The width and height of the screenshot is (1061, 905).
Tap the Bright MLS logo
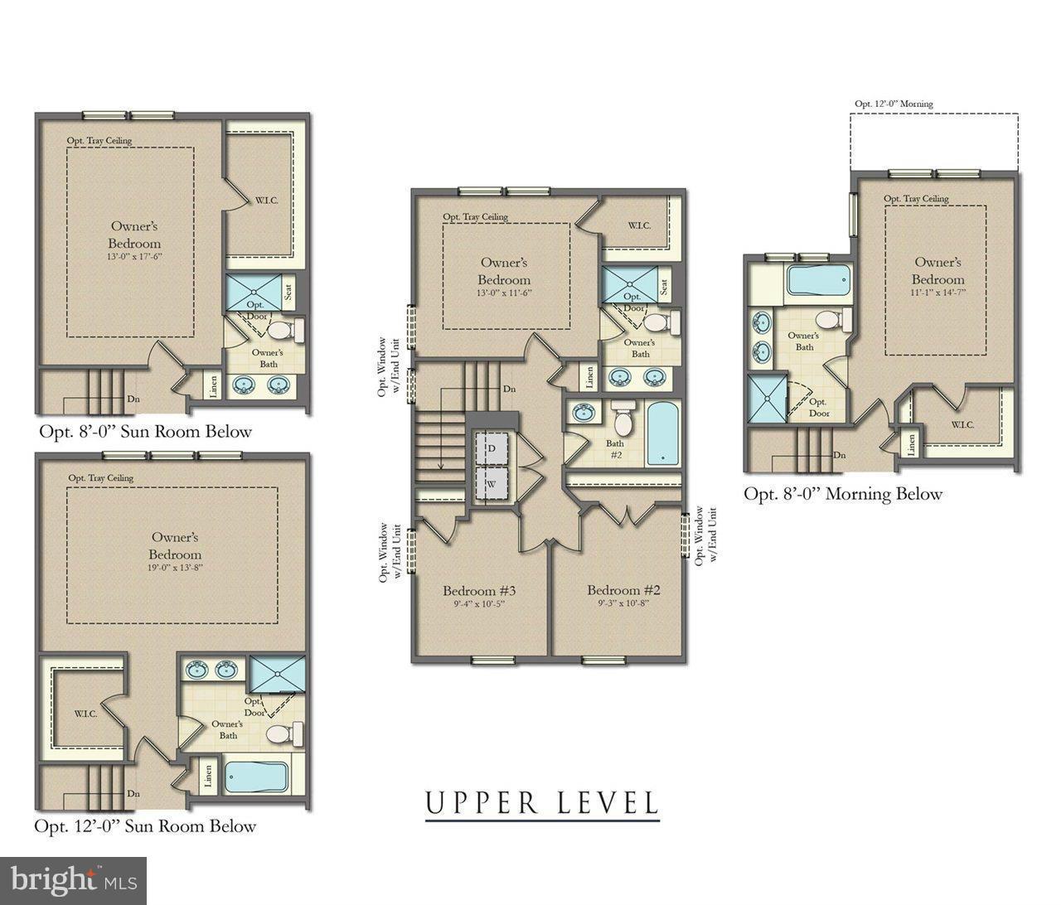point(73,878)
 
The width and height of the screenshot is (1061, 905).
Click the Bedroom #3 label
point(479,591)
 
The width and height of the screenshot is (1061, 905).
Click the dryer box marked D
point(491,448)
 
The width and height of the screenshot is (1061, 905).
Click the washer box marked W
point(491,483)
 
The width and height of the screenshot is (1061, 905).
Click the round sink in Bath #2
point(585,412)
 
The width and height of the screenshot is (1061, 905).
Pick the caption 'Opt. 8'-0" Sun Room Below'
point(145,432)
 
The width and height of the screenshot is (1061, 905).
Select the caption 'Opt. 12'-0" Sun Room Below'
point(145,826)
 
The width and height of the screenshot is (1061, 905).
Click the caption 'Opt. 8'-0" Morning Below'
point(843,494)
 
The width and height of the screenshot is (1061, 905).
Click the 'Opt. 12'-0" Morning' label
point(894,104)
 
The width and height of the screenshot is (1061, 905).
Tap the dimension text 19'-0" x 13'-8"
point(175,568)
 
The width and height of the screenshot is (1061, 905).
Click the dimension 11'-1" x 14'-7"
point(937,293)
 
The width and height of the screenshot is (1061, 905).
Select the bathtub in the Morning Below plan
point(817,281)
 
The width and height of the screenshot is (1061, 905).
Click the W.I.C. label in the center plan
point(639,225)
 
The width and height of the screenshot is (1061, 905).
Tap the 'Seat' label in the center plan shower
point(664,286)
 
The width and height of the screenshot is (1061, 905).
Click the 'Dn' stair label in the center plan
point(510,389)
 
